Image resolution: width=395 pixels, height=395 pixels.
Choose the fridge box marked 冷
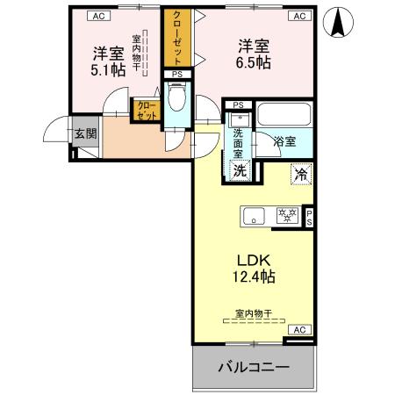[x=300, y=175]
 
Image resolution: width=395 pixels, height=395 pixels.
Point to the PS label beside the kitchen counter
[x=309, y=217]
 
